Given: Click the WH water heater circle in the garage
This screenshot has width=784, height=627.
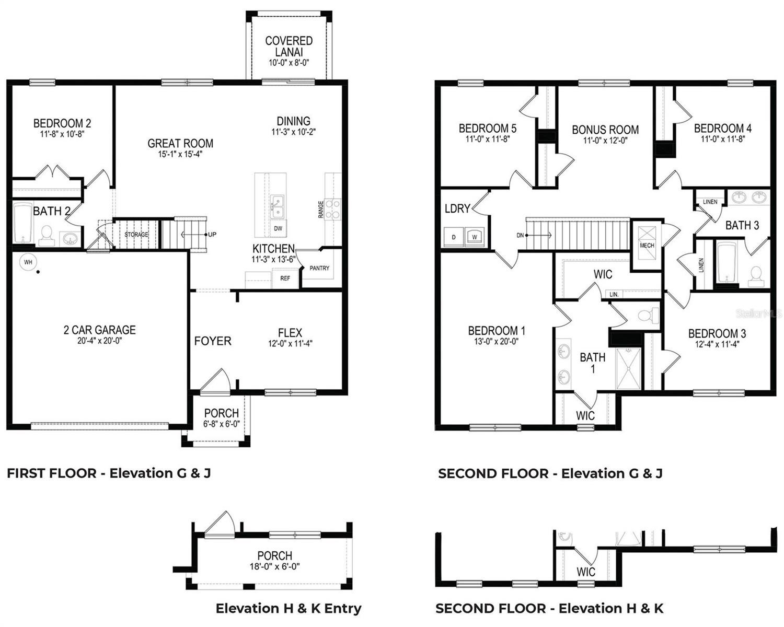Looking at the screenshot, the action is coord(28,262).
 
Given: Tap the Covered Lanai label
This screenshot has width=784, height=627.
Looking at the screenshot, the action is coord(289,47).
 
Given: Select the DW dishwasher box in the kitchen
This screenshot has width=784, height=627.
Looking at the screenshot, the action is coord(278,228).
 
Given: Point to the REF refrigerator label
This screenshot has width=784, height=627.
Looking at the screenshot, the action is coord(285,278).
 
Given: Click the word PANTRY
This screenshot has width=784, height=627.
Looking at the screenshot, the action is coord(319,268).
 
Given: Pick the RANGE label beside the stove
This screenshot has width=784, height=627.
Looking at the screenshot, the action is coord(320,210).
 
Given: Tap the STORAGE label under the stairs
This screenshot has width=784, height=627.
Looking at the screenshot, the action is coord(136,234).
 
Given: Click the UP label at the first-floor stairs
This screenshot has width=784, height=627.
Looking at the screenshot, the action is coord(212,234).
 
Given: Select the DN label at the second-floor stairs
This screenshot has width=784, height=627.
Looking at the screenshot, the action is coord(520,235).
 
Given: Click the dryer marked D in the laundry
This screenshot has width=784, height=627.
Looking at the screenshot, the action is coord(454,237).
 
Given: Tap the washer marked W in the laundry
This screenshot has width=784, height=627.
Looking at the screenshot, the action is coord(475,237).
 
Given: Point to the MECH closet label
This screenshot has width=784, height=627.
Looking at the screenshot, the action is coord(647,245).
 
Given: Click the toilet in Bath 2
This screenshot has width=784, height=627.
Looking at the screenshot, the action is coord(47,236).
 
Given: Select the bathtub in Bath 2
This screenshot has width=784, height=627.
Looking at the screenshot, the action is coord(22,224).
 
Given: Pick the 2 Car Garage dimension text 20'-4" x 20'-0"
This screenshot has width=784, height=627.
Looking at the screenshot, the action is coord(99,341).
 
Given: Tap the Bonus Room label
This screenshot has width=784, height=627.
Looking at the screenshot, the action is coord(605,130).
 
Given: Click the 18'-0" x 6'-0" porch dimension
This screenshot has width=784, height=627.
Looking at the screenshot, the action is coord(275,566).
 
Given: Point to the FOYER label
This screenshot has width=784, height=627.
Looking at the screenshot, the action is coord(213,341).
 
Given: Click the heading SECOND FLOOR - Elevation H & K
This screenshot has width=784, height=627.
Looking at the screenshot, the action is coord(549,608).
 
